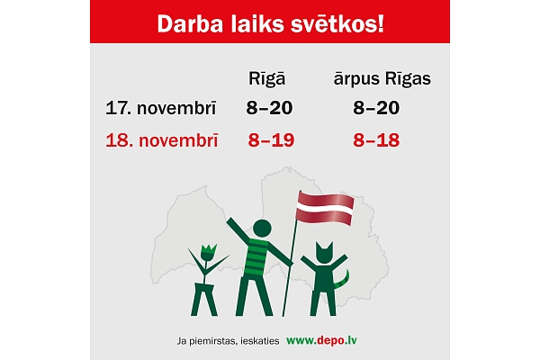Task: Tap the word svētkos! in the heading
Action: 340,24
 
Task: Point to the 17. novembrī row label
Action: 159,108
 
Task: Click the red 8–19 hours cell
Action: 270,140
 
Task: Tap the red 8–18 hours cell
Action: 376,140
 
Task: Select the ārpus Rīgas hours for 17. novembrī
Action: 376,108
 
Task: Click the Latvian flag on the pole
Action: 325,209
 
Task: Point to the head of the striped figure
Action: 262,228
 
